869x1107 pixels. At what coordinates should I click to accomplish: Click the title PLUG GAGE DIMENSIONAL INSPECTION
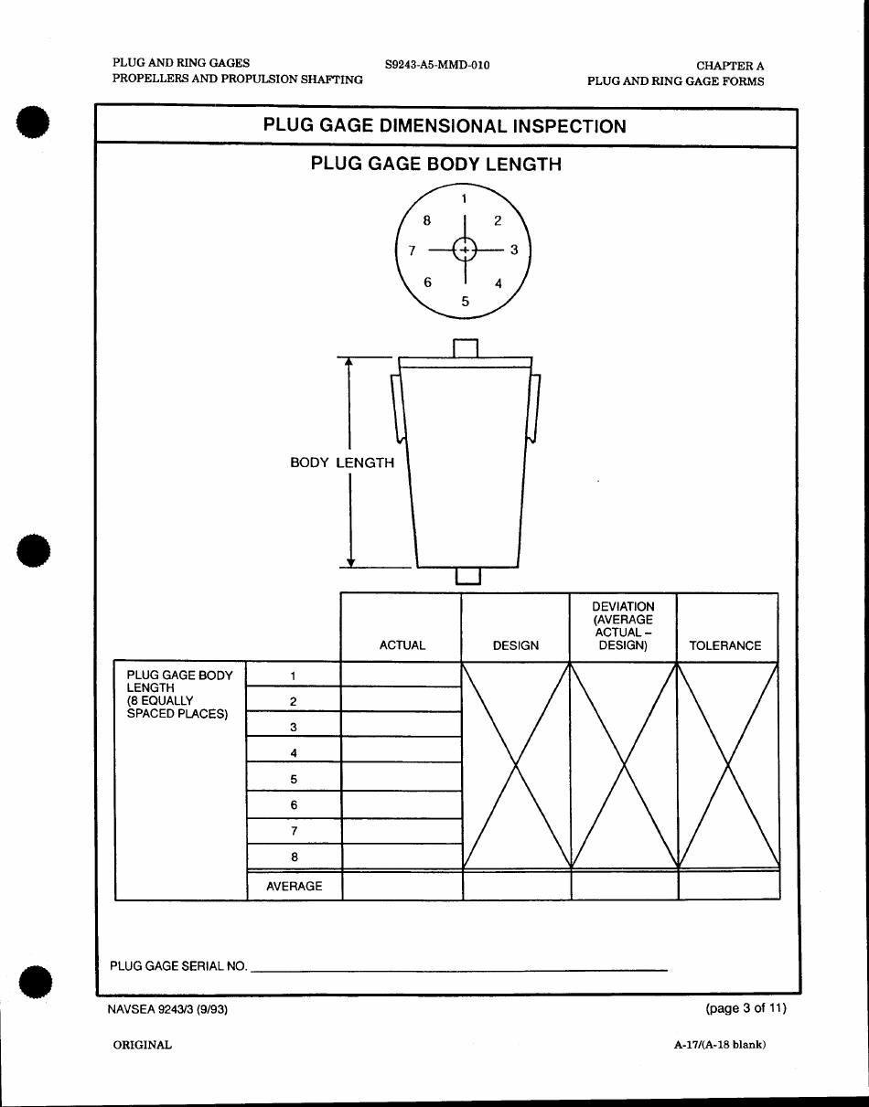click(x=445, y=126)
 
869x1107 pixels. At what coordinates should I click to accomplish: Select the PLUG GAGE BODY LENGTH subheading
click(x=435, y=165)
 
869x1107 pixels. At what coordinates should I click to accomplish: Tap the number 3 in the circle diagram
click(x=514, y=250)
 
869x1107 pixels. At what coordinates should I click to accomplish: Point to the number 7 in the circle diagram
click(x=413, y=250)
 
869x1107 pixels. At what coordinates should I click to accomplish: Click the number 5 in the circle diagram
click(x=465, y=300)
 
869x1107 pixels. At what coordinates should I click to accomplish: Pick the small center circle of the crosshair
click(x=466, y=250)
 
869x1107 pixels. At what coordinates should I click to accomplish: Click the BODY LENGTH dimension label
click(x=342, y=463)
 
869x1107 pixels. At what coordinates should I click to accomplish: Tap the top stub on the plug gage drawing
click(x=466, y=348)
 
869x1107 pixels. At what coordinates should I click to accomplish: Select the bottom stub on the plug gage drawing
click(x=467, y=575)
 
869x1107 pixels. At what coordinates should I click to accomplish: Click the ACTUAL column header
click(x=402, y=645)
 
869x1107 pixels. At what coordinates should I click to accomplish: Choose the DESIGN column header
click(x=516, y=645)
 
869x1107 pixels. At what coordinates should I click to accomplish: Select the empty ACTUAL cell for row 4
click(x=402, y=750)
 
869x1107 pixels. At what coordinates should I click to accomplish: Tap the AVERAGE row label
click(x=294, y=886)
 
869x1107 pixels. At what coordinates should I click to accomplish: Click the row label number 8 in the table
click(x=294, y=857)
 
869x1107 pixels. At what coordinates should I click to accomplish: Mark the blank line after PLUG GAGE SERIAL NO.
click(x=457, y=965)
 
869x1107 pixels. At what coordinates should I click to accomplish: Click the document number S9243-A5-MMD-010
click(x=437, y=65)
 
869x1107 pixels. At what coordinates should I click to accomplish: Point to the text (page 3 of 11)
click(x=746, y=1008)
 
